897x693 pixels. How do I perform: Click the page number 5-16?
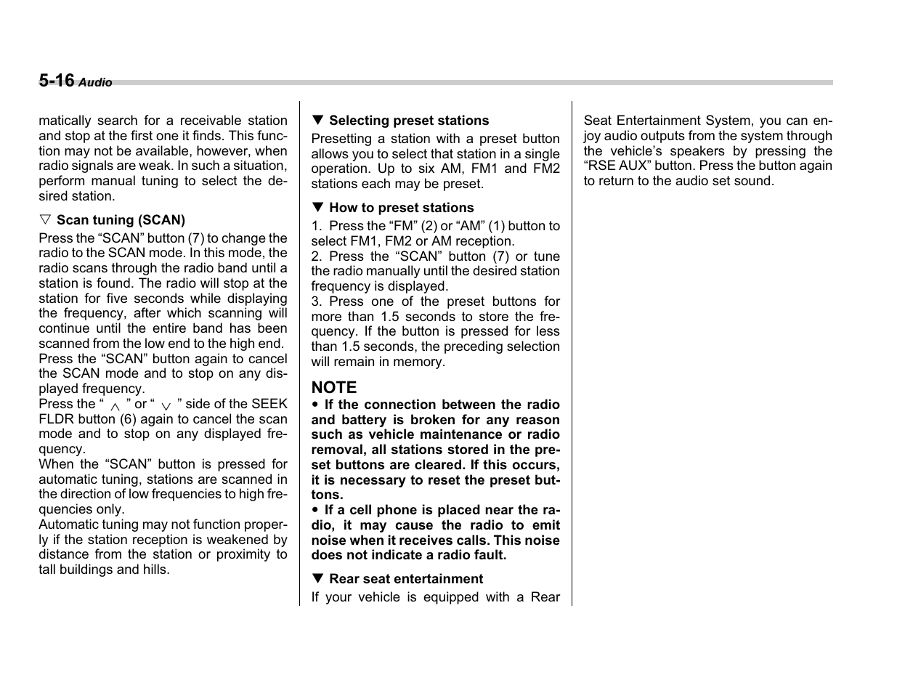point(56,81)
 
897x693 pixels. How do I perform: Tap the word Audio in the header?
point(95,83)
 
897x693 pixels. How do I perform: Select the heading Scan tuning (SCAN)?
point(121,220)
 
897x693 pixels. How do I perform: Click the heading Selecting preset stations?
point(409,121)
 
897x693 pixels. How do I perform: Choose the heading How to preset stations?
point(401,208)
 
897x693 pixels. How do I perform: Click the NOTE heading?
point(334,387)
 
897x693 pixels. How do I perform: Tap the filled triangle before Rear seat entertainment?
point(317,579)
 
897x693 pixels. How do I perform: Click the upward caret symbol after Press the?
point(115,407)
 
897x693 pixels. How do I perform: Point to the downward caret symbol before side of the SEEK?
point(166,407)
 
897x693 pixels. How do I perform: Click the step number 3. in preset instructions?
point(316,301)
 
